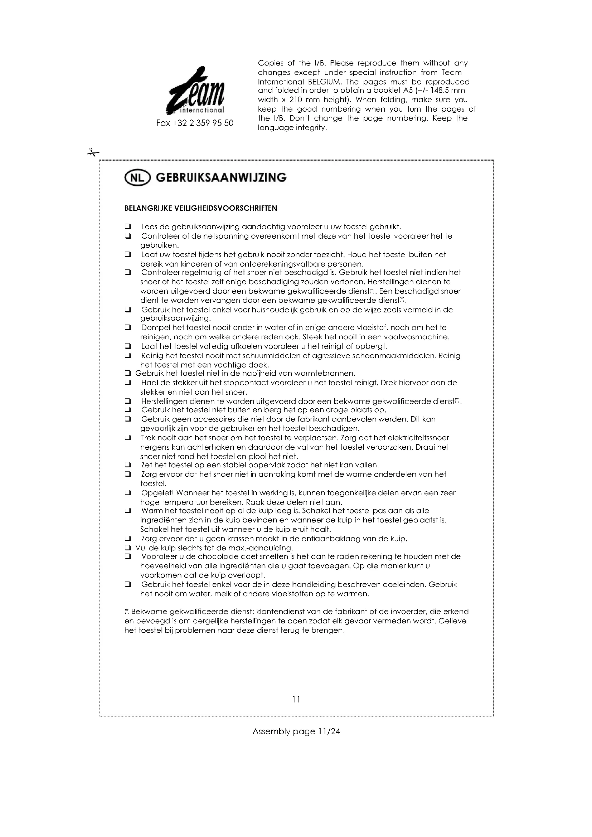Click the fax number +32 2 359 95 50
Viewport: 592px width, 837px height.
coord(195,123)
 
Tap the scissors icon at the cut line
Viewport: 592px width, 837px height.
coord(93,153)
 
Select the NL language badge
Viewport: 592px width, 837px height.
coord(137,178)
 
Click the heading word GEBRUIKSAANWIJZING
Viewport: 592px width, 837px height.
coord(221,178)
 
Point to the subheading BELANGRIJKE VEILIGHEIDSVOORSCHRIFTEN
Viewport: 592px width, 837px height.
coord(200,209)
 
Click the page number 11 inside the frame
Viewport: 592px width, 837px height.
coord(296,699)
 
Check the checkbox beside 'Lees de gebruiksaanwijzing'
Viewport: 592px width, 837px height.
coord(127,227)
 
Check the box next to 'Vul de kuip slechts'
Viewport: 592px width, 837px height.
coord(127,548)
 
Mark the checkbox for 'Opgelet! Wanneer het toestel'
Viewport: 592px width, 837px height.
coord(127,493)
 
